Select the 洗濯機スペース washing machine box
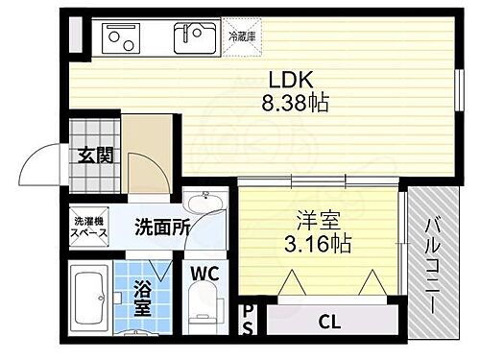91,230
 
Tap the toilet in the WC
202,312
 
